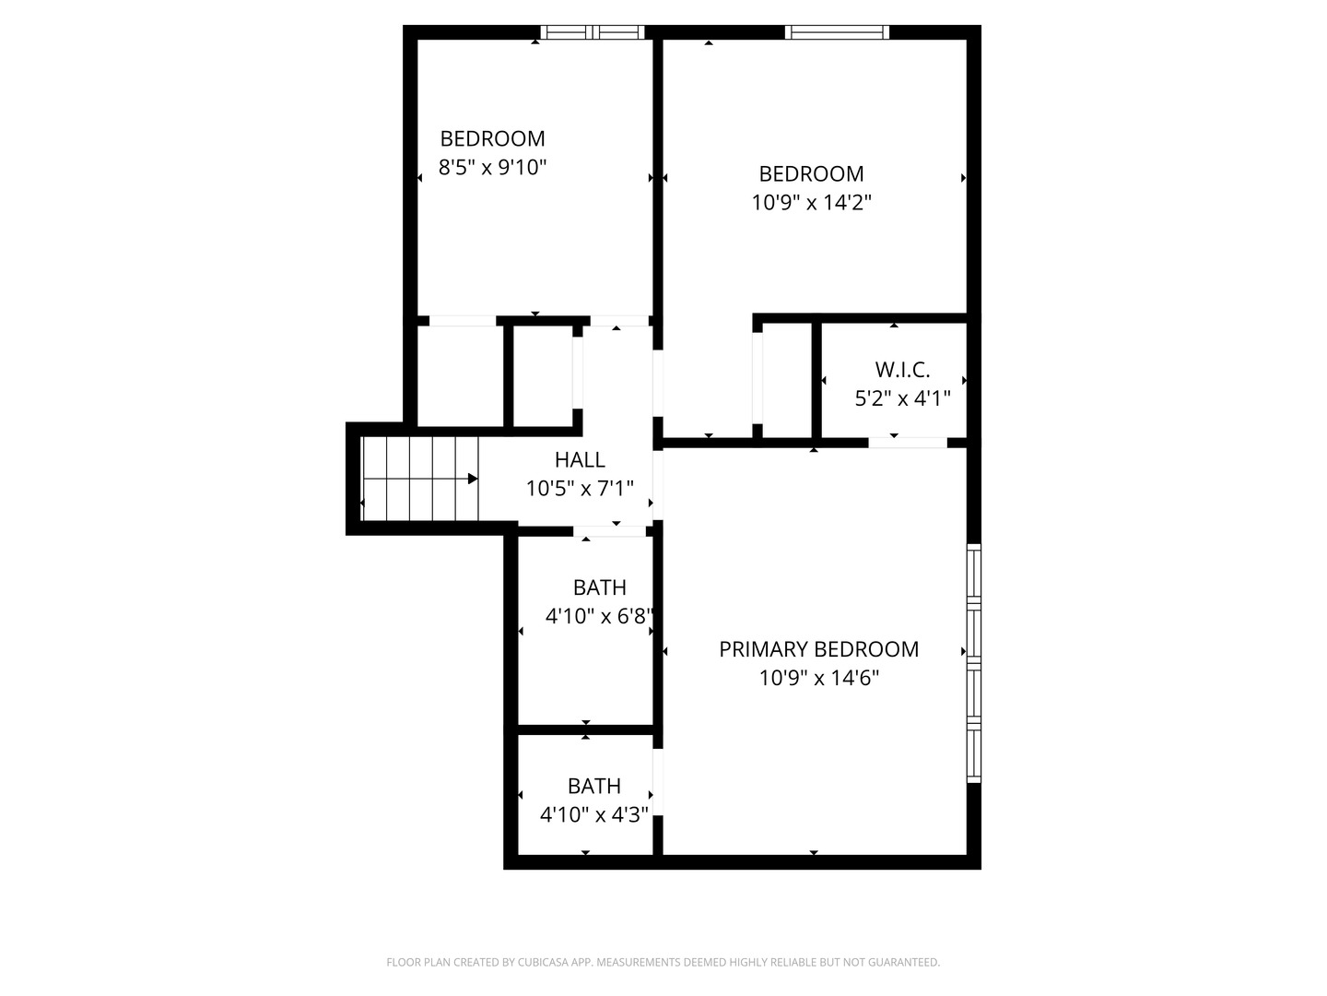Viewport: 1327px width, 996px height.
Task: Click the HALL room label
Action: pyautogui.click(x=579, y=459)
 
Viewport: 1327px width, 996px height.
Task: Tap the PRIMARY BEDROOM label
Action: pyautogui.click(x=818, y=649)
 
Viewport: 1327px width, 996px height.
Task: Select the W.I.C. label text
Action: pyautogui.click(x=902, y=370)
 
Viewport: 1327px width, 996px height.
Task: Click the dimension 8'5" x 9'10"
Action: pyautogui.click(x=492, y=167)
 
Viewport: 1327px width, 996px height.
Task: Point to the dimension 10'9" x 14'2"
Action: pyautogui.click(x=811, y=202)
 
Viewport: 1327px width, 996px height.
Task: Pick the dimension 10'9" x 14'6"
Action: pyautogui.click(x=818, y=678)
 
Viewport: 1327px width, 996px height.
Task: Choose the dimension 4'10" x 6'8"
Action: pyautogui.click(x=599, y=616)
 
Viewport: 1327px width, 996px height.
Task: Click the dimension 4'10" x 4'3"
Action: pyautogui.click(x=593, y=814)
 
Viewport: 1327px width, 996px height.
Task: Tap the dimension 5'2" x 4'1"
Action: pyautogui.click(x=902, y=398)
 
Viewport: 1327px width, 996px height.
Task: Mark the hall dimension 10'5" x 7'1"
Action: pyautogui.click(x=579, y=488)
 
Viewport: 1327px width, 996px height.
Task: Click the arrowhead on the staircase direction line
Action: pyautogui.click(x=473, y=479)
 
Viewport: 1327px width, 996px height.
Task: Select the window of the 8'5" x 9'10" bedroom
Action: pyautogui.click(x=592, y=32)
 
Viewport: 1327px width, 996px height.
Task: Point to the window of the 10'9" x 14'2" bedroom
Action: pyautogui.click(x=837, y=32)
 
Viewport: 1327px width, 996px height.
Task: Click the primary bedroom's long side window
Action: pyautogui.click(x=973, y=663)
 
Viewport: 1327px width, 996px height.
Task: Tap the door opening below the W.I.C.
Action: pyautogui.click(x=908, y=443)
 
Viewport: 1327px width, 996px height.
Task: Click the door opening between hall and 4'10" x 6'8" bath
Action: pyautogui.click(x=609, y=531)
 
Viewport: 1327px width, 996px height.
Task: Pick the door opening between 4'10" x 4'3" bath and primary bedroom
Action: pyautogui.click(x=658, y=782)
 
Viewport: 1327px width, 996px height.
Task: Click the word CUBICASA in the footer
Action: pyautogui.click(x=542, y=962)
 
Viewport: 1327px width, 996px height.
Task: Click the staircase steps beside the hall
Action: pyautogui.click(x=420, y=479)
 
